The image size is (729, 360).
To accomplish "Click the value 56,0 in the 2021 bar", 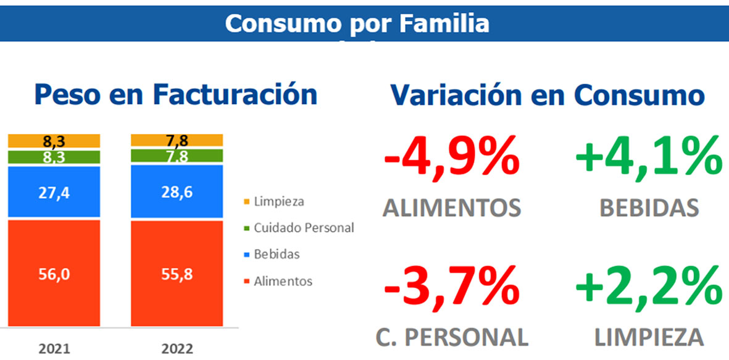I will click(x=54, y=274).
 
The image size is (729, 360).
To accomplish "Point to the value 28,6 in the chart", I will click(x=177, y=193).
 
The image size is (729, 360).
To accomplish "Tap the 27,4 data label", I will click(x=54, y=192).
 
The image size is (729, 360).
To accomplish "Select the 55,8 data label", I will click(x=177, y=274).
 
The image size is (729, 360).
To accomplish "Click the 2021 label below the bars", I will click(x=54, y=349).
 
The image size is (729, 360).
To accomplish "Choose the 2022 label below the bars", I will click(x=177, y=349).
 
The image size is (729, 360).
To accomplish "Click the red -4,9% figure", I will click(x=451, y=159).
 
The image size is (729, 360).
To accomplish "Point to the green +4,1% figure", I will click(x=648, y=159).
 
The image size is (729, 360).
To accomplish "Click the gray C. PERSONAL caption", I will click(x=452, y=337).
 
